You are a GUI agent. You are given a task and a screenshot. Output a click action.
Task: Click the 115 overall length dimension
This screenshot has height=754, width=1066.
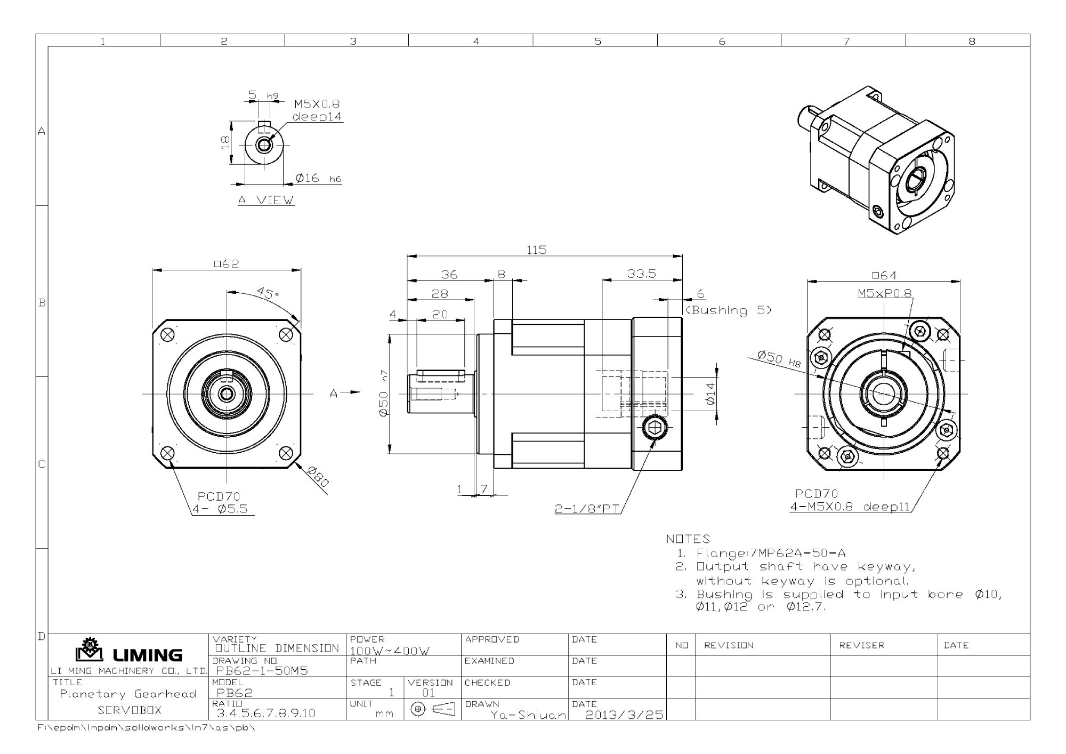pyautogui.click(x=536, y=250)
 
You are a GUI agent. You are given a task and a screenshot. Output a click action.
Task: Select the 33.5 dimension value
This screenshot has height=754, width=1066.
pyautogui.click(x=641, y=274)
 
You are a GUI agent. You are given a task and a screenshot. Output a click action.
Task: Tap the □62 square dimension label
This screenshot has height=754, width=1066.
pyautogui.click(x=227, y=263)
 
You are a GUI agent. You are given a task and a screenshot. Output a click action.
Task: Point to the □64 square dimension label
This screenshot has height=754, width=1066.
pyautogui.click(x=884, y=275)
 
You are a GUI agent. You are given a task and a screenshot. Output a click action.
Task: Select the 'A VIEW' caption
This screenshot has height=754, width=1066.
pyautogui.click(x=266, y=200)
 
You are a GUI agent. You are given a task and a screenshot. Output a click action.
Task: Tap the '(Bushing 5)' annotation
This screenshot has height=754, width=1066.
pyautogui.click(x=728, y=310)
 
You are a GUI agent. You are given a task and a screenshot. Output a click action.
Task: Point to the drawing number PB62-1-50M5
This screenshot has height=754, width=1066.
pyautogui.click(x=262, y=671)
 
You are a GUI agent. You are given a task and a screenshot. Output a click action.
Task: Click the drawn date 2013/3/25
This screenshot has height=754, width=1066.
pyautogui.click(x=624, y=715)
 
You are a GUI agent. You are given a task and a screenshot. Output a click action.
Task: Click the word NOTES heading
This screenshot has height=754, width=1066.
pyautogui.click(x=688, y=539)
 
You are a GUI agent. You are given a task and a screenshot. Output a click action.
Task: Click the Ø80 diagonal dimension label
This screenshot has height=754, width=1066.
pyautogui.click(x=318, y=476)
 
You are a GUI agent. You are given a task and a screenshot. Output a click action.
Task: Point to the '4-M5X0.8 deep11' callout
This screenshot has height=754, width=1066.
pyautogui.click(x=850, y=507)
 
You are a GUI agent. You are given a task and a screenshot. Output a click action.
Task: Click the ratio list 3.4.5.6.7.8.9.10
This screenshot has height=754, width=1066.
pyautogui.click(x=265, y=713)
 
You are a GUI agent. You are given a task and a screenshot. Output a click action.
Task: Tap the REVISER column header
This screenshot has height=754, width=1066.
pyautogui.click(x=862, y=645)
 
